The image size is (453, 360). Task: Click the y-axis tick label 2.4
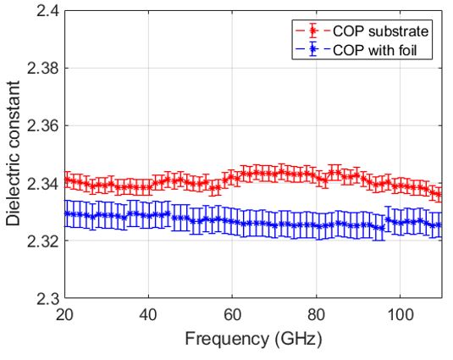[x=46, y=11]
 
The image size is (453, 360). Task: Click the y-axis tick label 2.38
[x=41, y=69]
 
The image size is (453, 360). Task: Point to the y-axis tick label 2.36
[x=41, y=126]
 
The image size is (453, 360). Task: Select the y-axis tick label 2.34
[x=41, y=184]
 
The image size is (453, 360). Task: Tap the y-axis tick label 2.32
[x=41, y=241]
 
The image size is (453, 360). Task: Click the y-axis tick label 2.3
[x=46, y=299]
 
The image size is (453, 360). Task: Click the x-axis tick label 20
[x=64, y=315]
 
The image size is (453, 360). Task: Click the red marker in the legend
[x=312, y=30]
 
